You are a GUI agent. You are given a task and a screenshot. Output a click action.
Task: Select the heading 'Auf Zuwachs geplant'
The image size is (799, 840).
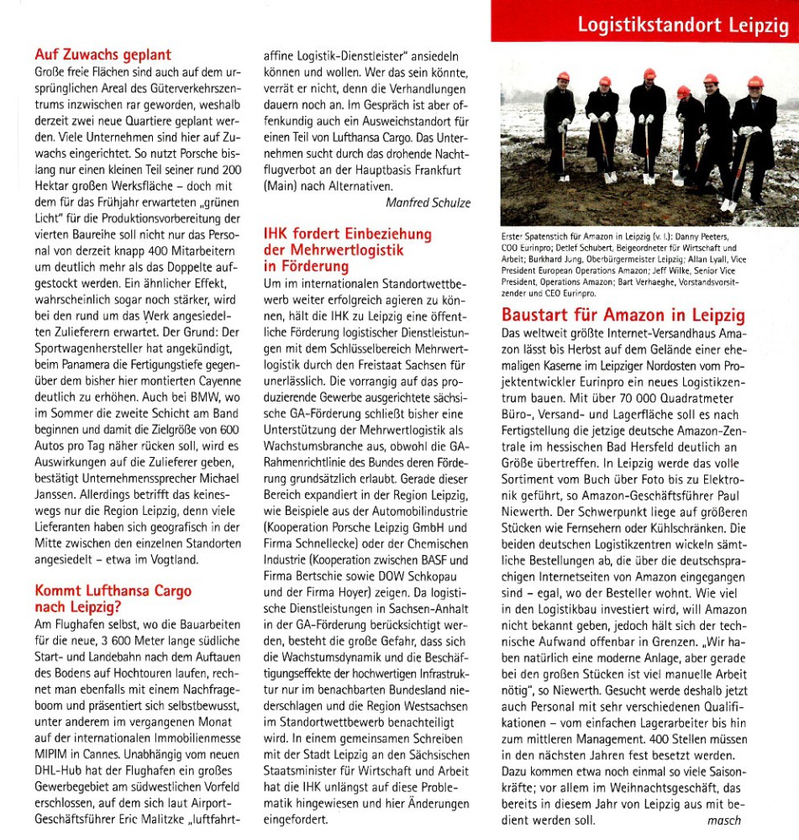click(103, 55)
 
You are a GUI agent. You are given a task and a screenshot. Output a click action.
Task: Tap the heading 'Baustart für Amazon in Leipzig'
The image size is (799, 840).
click(623, 316)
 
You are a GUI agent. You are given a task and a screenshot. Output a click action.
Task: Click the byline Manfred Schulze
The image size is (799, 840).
click(428, 202)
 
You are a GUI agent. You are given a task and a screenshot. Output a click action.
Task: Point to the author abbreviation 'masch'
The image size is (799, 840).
click(724, 821)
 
